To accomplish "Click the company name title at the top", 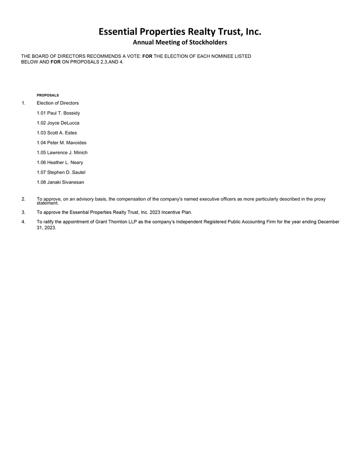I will (x=180, y=32).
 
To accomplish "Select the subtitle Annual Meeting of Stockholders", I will (x=180, y=43).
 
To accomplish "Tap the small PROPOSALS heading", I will (x=48, y=95).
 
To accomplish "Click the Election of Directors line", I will (x=57, y=103).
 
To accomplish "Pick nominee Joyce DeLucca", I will (x=58, y=123).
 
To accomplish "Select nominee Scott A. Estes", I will (x=56, y=133).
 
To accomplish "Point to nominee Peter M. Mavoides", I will (x=61, y=143).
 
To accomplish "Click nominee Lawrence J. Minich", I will (x=62, y=152).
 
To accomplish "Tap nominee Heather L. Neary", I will (x=60, y=163).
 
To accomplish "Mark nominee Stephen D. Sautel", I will (x=61, y=172).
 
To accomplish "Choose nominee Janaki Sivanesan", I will (x=60, y=182).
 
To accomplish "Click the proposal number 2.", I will (x=23, y=199).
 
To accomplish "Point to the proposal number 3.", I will (x=23, y=212).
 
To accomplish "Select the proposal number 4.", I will (x=23, y=222).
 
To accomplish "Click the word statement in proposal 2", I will (x=48, y=203).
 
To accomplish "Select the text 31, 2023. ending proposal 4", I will (x=47, y=228).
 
